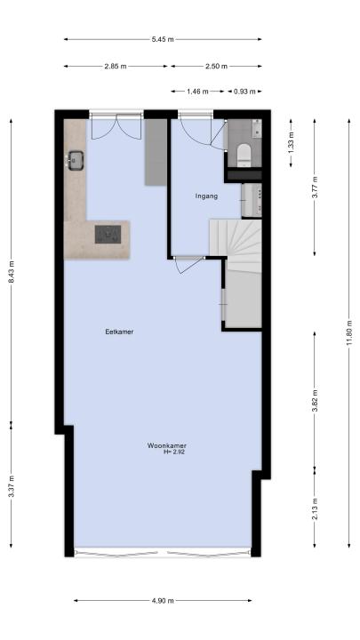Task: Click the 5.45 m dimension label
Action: (x=163, y=40)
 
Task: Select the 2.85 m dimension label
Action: (x=116, y=66)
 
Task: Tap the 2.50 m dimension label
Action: (x=216, y=66)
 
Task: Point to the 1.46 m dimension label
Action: (x=197, y=92)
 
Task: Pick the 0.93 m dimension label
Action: (x=244, y=92)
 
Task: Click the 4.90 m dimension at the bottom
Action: (x=163, y=600)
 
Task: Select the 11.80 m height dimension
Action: (x=349, y=332)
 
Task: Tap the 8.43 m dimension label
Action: (x=12, y=271)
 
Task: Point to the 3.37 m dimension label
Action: (x=12, y=486)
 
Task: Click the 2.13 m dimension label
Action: (x=315, y=508)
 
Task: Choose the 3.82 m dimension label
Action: (x=315, y=401)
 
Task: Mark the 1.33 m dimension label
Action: (x=291, y=143)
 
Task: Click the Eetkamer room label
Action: (x=119, y=332)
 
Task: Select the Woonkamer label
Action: (x=167, y=445)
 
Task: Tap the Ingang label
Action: (x=206, y=196)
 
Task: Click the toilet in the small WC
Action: (x=244, y=155)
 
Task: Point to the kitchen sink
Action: (x=76, y=160)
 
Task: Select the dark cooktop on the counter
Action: (x=108, y=235)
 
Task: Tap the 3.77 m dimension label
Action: (x=315, y=187)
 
